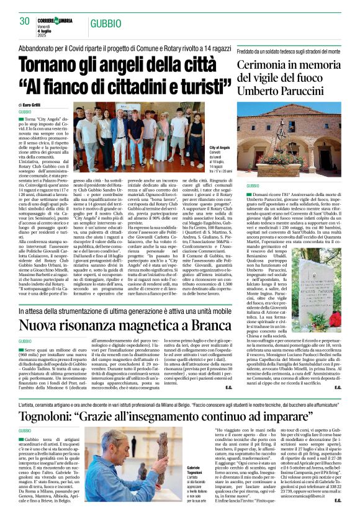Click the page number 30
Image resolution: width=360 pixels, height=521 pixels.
pyautogui.click(x=25, y=22)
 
